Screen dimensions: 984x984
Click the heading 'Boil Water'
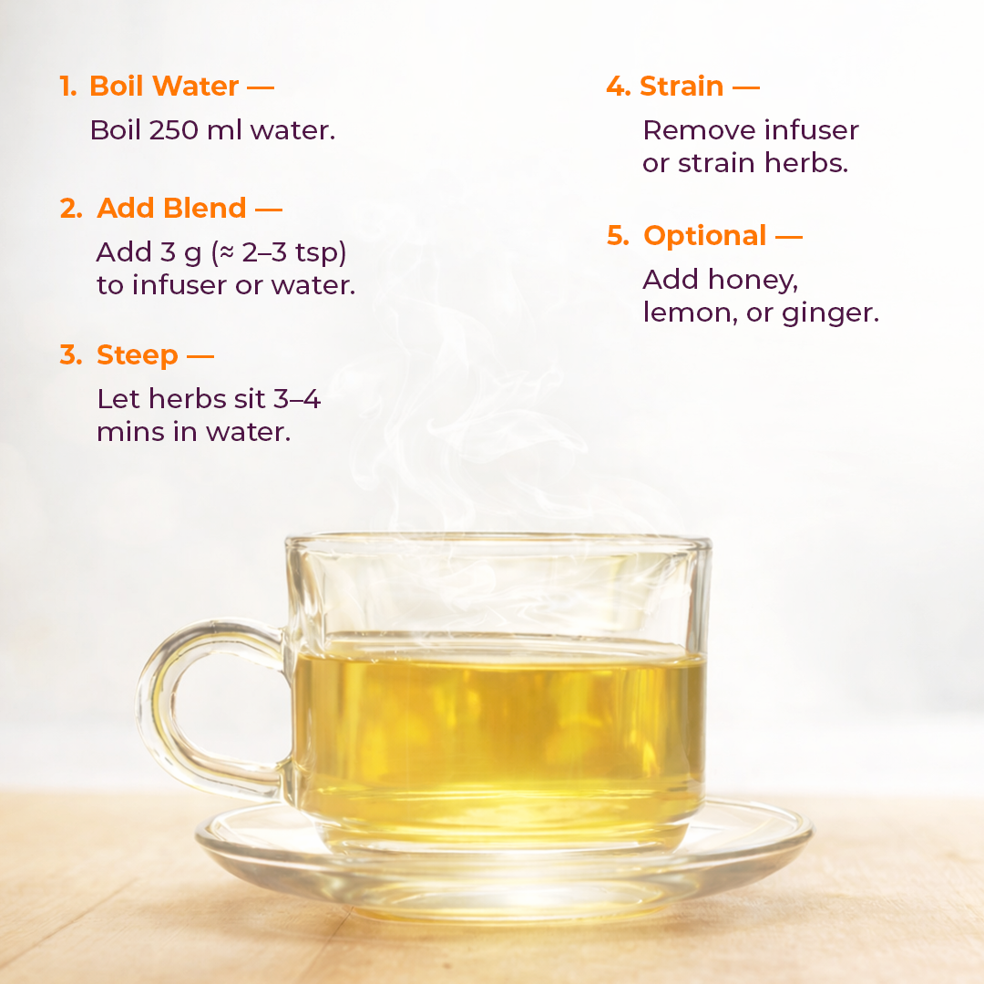(x=164, y=87)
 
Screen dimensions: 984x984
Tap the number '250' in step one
(x=169, y=130)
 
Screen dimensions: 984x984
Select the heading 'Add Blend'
(x=171, y=208)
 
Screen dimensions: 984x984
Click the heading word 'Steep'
(x=137, y=354)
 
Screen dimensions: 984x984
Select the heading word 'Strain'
(x=682, y=87)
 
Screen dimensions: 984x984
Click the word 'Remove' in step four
(x=699, y=130)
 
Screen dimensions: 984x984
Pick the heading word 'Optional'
(x=704, y=236)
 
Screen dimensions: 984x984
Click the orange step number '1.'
(x=68, y=87)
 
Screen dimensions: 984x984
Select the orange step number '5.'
(x=618, y=236)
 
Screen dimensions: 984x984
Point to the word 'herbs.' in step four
(x=809, y=164)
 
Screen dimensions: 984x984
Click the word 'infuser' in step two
(x=179, y=285)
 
